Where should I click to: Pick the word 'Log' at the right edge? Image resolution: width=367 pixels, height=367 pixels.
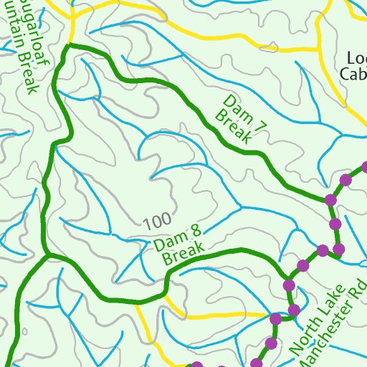pyautogui.click(x=356, y=58)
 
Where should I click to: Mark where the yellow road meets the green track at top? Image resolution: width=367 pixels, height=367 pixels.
pyautogui.click(x=70, y=44)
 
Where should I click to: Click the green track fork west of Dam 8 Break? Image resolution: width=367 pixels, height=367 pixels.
pyautogui.click(x=47, y=254)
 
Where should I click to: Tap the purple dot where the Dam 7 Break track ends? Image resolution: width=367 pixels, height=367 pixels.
pyautogui.click(x=330, y=199)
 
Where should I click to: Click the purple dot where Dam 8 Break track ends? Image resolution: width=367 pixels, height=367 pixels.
pyautogui.click(x=290, y=285)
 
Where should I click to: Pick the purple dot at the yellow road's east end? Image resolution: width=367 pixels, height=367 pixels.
pyautogui.click(x=275, y=318)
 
